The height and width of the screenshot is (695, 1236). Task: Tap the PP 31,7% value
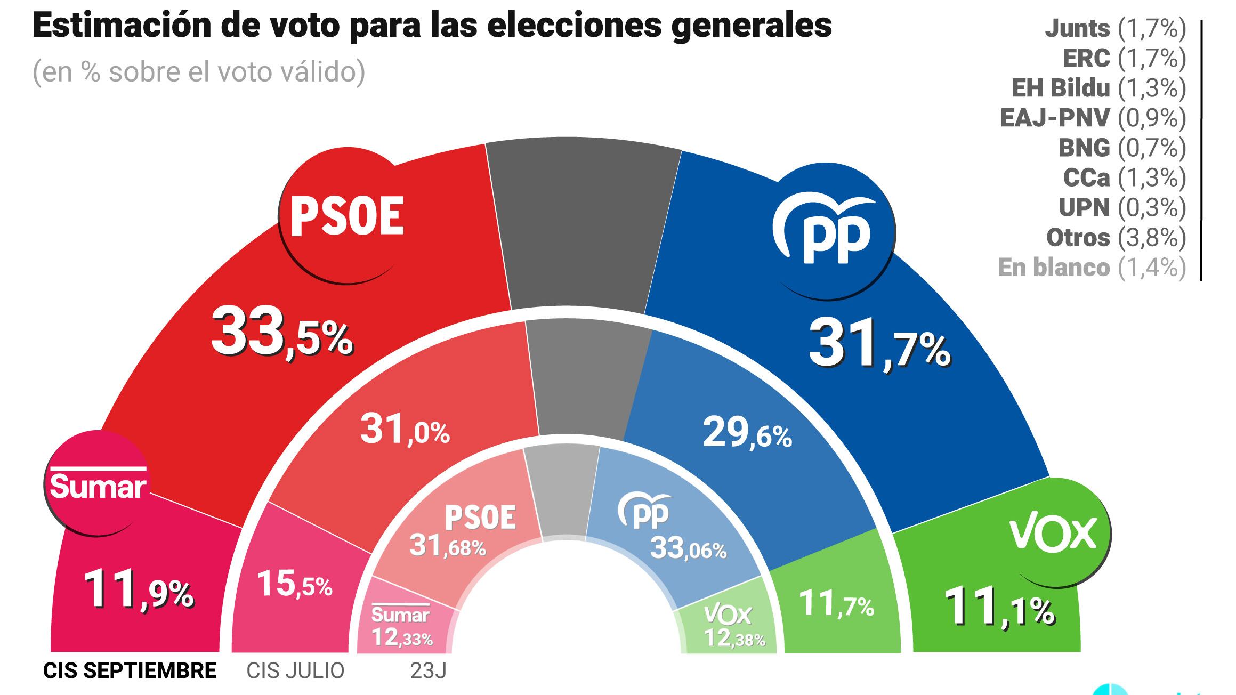pos(879,347)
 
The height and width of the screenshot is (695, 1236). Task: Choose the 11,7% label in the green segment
pos(836,604)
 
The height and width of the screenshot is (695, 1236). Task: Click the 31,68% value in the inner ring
pos(448,546)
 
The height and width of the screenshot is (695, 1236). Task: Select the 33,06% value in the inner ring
pos(688,548)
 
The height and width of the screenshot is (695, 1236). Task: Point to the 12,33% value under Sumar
pos(401,637)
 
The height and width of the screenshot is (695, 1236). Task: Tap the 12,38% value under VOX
pos(734,638)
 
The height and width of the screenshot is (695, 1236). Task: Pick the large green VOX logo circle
pos(1053,533)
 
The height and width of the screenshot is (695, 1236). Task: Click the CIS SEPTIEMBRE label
pos(130,671)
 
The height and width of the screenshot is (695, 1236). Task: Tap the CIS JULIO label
pos(295,671)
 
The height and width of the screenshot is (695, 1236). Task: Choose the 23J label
pos(428,671)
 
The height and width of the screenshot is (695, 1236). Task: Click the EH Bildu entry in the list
pos(1098,88)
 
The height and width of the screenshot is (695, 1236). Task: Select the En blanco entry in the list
pos(1092,268)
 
